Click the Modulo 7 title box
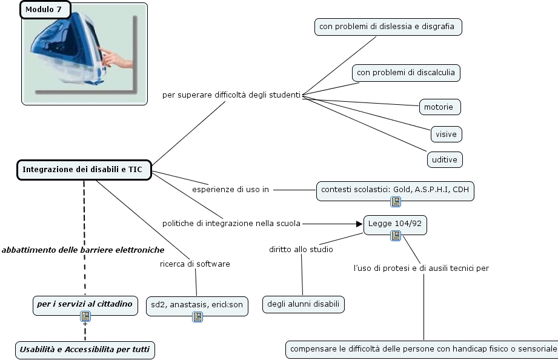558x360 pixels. pos(45,10)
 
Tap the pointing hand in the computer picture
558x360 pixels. pos(116,59)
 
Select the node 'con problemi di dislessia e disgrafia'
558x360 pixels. pos(388,27)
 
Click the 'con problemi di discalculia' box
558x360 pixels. pos(406,73)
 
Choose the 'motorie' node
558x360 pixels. pos(440,107)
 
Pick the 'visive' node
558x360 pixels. pos(447,135)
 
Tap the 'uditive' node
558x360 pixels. pos(445,159)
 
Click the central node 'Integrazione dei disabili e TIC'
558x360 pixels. pos(84,170)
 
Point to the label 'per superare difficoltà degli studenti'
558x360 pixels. pos(231,95)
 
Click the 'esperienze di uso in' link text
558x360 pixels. pos(231,190)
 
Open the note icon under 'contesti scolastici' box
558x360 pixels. pos(396,202)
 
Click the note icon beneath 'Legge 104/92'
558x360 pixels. pos(396,236)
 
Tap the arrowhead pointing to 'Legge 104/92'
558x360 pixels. pos(359,224)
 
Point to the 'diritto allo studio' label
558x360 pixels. pos(301,249)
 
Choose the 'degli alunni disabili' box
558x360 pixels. pos(304,304)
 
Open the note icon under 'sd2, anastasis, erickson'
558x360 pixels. pos(198,316)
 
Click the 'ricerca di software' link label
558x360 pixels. pos(195,264)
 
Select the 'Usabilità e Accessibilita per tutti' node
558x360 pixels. pos(85,350)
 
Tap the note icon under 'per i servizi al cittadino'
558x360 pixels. pos(85,316)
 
